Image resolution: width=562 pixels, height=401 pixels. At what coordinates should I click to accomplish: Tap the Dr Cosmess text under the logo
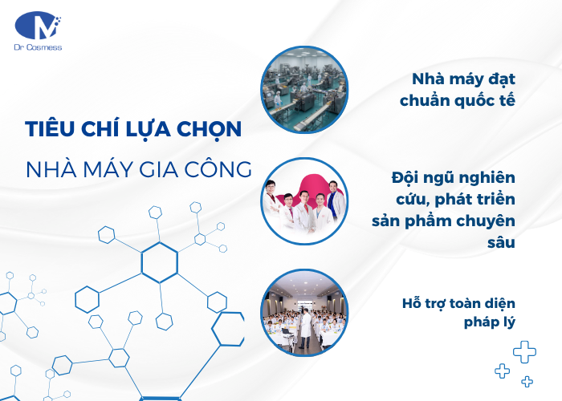pyautogui.click(x=39, y=48)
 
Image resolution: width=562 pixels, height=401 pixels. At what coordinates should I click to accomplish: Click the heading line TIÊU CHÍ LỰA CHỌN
pyautogui.click(x=132, y=131)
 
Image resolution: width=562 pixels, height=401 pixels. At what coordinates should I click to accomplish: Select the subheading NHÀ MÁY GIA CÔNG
pyautogui.click(x=137, y=169)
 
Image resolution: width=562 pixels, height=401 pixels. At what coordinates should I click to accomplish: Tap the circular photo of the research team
pyautogui.click(x=304, y=200)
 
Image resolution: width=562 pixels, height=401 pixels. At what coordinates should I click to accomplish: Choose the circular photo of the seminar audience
pyautogui.click(x=304, y=311)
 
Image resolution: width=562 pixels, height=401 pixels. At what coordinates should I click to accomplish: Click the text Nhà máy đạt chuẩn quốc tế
pyautogui.click(x=463, y=91)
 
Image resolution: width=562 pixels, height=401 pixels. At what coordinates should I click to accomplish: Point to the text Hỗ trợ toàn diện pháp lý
pyautogui.click(x=459, y=313)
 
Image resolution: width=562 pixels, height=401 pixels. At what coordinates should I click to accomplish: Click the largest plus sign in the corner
pyautogui.click(x=524, y=350)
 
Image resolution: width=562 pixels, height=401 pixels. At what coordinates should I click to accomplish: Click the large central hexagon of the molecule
pyautogui.click(x=159, y=262)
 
